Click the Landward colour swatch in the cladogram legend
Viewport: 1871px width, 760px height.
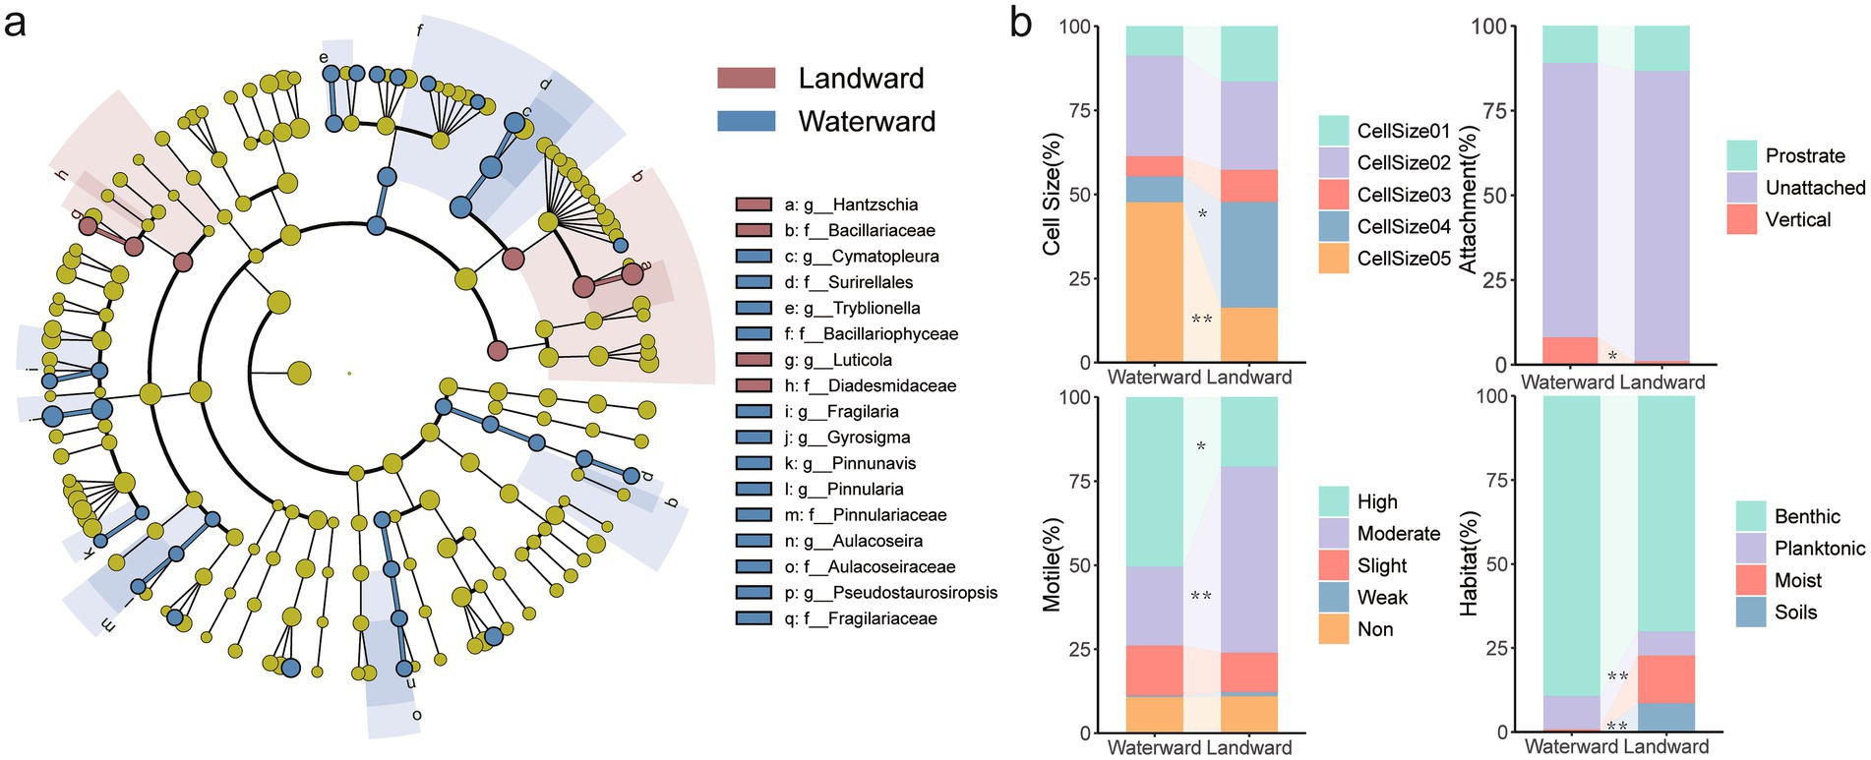[x=746, y=79]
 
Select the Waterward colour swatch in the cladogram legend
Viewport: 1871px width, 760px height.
[x=746, y=121]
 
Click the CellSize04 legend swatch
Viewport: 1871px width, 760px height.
[x=1334, y=226]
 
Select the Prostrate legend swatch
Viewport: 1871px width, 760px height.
[x=1742, y=155]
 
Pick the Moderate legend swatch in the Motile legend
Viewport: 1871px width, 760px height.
[x=1334, y=534]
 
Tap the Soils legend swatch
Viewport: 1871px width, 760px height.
[x=1751, y=612]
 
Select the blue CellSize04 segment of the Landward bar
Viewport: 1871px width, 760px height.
[x=1249, y=255]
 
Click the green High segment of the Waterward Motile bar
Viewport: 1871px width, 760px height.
[x=1154, y=482]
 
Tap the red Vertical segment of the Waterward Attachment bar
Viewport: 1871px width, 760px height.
[x=1570, y=350]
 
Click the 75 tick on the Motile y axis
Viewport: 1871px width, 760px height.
[x=1079, y=481]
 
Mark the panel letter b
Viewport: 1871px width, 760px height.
[x=1021, y=22]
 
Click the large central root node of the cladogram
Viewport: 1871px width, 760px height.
[x=299, y=373]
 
